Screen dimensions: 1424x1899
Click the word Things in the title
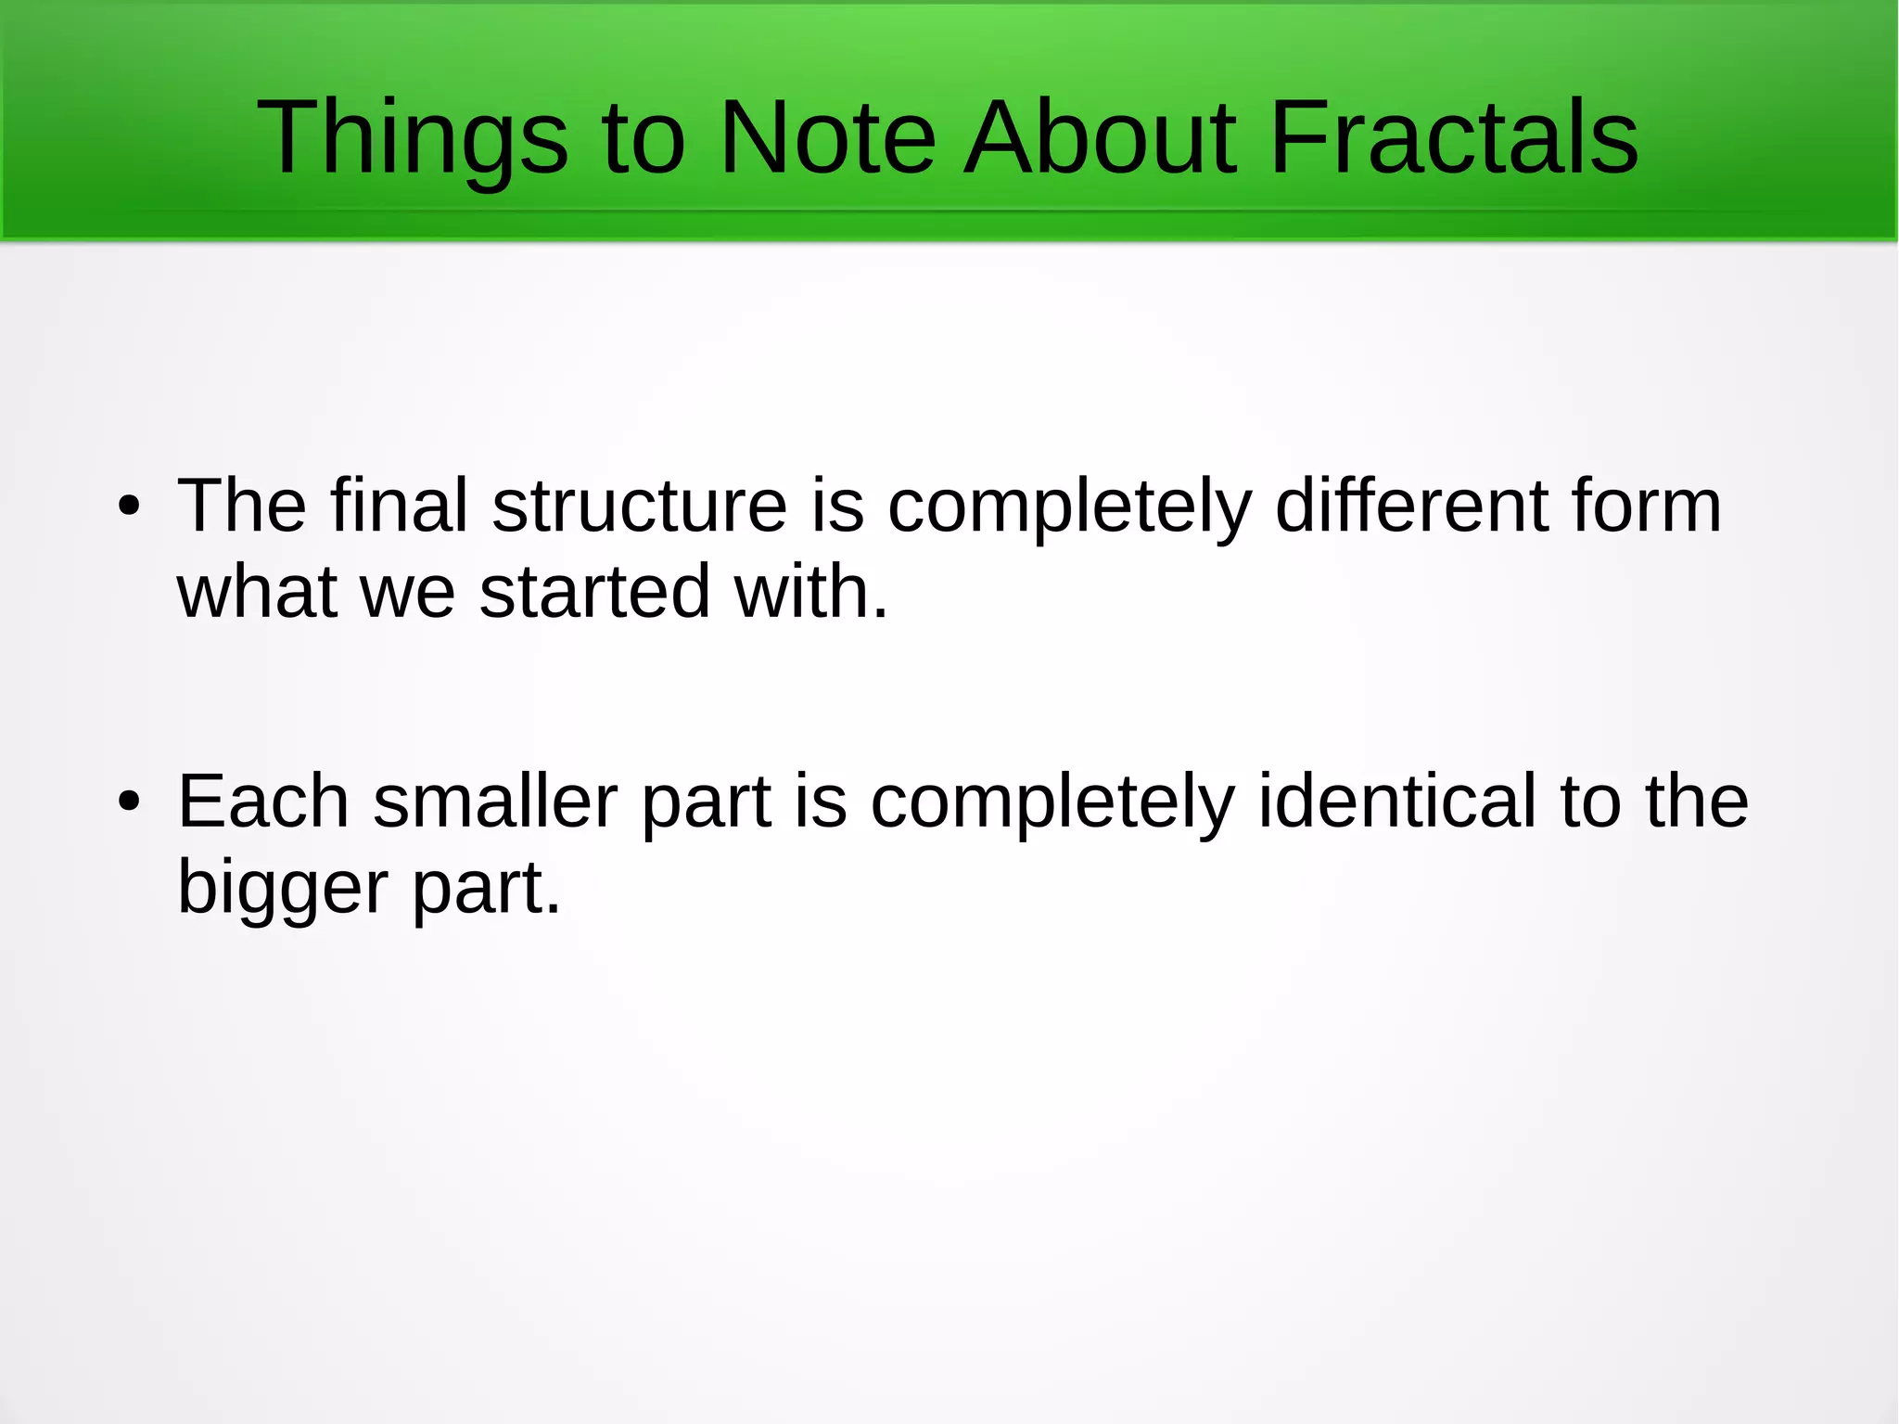click(x=412, y=139)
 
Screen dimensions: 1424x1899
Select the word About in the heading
click(x=1100, y=139)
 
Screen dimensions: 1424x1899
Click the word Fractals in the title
click(x=1453, y=139)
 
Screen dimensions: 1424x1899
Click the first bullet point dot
click(x=129, y=507)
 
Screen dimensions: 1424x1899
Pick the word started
click(x=594, y=592)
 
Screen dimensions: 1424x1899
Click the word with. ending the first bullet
click(x=811, y=592)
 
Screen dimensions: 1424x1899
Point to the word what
click(x=257, y=592)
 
